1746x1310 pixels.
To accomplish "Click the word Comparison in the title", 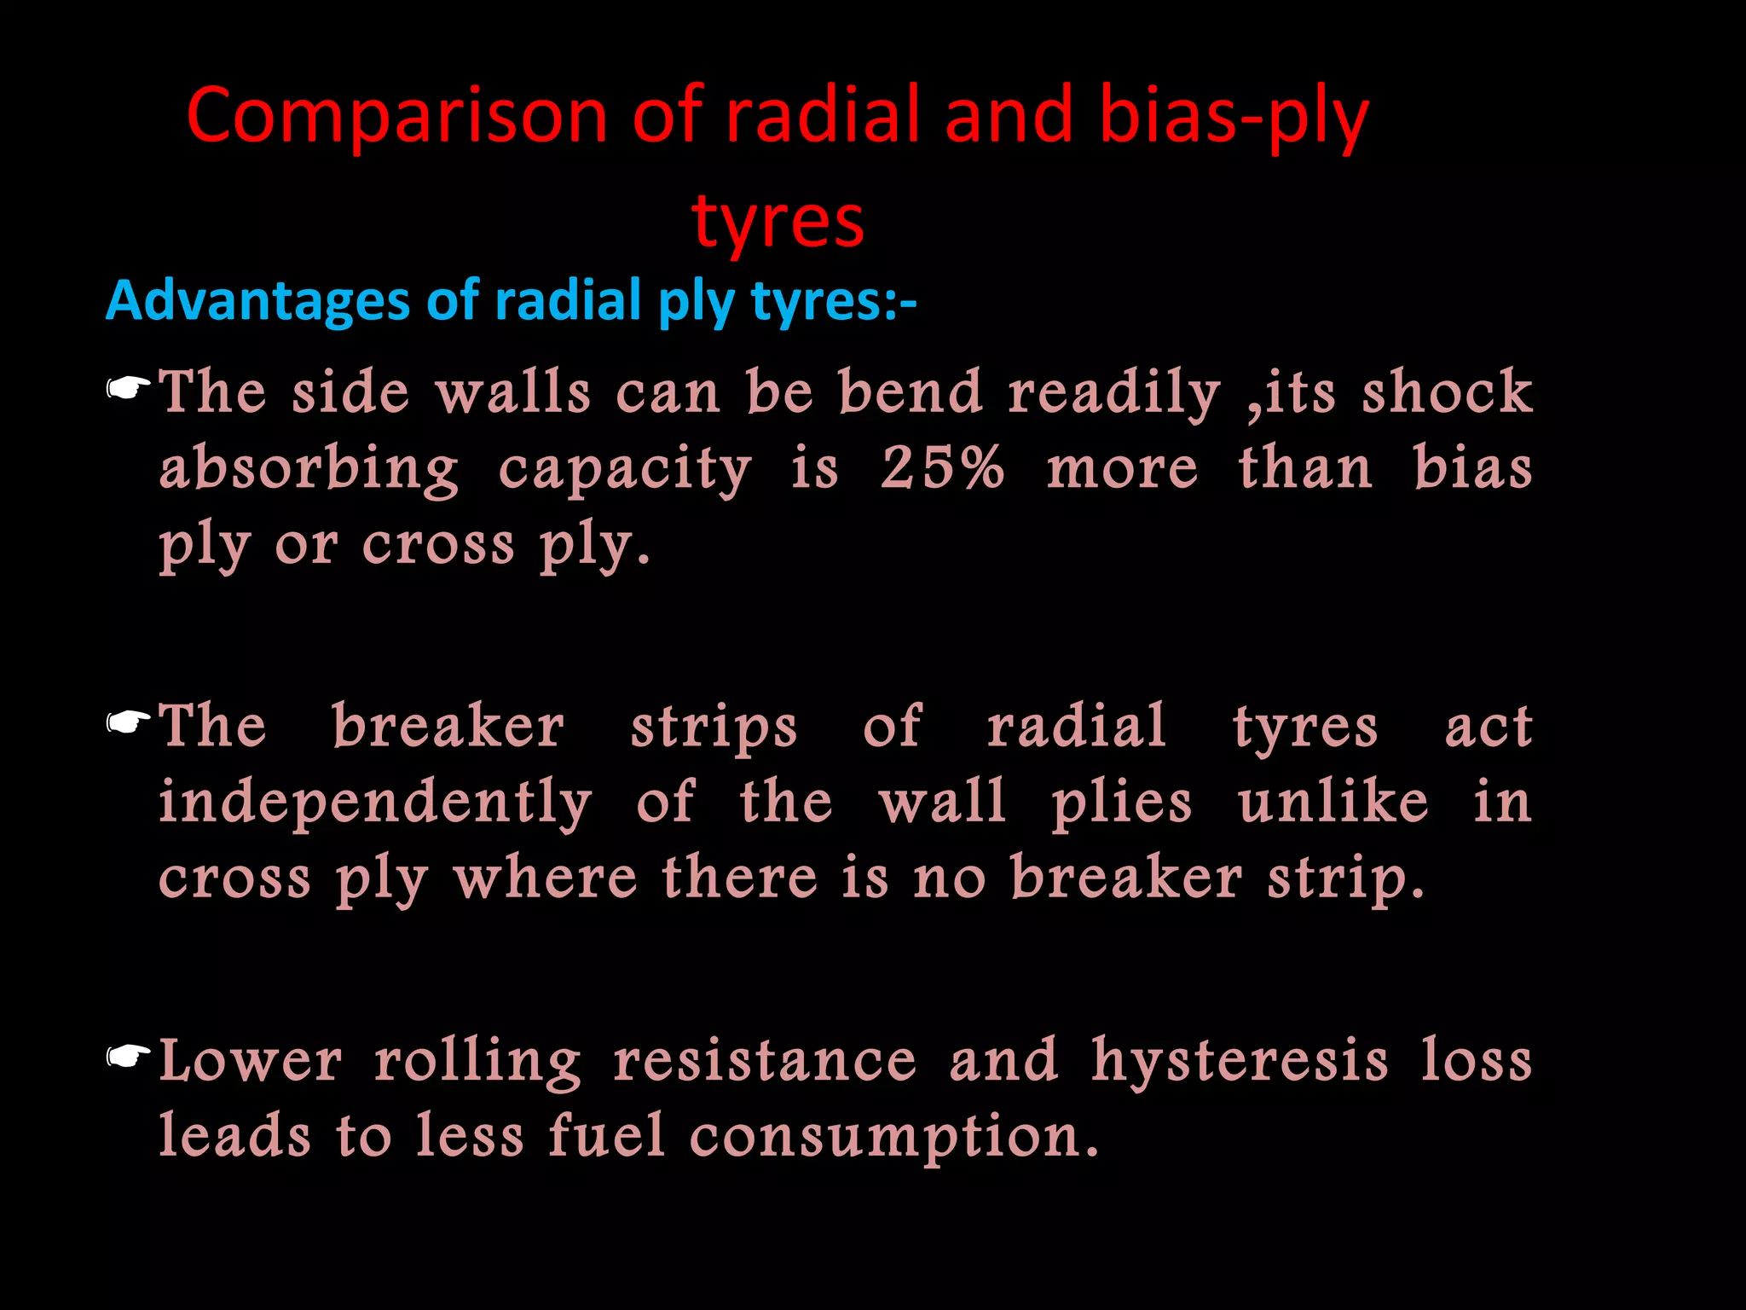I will point(396,117).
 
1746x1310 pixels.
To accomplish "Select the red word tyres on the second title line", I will point(778,221).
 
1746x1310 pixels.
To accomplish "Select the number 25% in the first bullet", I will point(942,468).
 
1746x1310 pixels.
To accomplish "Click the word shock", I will point(1447,392).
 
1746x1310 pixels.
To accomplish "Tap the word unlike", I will point(1333,803).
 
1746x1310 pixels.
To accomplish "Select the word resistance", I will point(765,1061).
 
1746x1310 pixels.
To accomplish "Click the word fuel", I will point(606,1136).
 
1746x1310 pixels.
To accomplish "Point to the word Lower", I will point(251,1061).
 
